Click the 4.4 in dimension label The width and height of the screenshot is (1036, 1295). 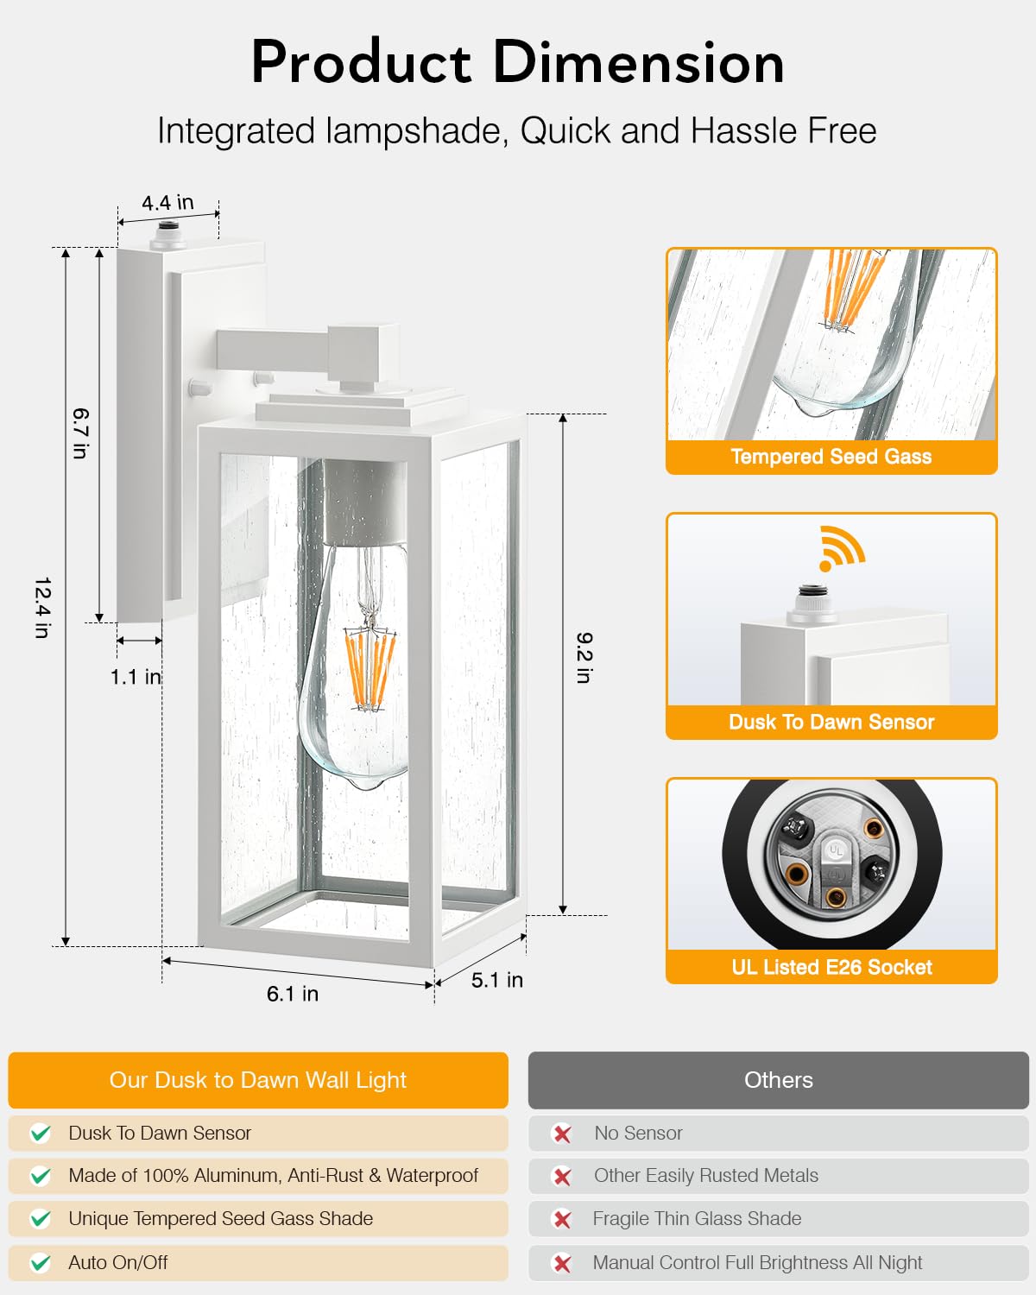(168, 203)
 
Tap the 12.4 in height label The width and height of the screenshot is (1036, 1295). (43, 608)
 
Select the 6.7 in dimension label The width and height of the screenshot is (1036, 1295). (80, 433)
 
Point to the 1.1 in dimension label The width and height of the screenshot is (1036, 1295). (136, 677)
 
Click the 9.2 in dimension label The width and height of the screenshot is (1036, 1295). (584, 658)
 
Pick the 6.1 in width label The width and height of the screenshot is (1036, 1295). (293, 994)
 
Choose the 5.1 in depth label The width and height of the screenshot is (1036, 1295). (496, 980)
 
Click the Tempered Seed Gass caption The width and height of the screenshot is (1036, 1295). (831, 456)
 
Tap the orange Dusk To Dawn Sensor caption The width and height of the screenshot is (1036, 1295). (831, 722)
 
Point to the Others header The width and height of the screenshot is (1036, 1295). (779, 1080)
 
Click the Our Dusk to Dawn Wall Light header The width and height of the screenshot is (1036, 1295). (257, 1080)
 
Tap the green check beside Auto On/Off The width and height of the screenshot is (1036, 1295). (41, 1262)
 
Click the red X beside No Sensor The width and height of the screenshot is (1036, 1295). (562, 1134)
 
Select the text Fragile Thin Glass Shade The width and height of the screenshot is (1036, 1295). (697, 1218)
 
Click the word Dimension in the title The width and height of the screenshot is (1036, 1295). (639, 62)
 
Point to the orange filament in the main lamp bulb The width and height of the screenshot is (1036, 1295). (370, 668)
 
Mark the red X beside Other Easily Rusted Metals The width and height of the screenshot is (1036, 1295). (562, 1177)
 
